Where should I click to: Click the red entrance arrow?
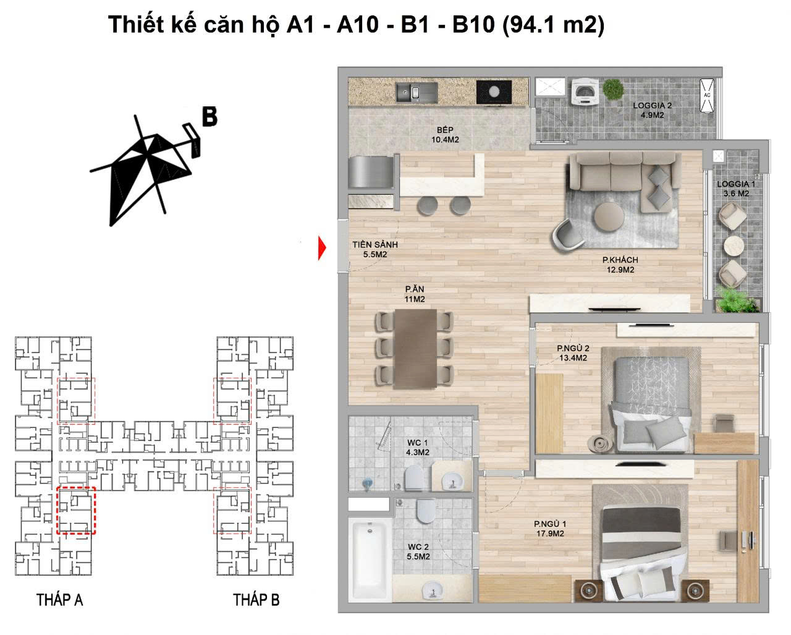(322, 248)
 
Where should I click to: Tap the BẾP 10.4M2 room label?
(445, 135)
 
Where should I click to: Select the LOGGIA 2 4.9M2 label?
(652, 110)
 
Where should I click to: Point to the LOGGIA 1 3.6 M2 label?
(736, 189)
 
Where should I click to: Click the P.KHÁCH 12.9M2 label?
(620, 265)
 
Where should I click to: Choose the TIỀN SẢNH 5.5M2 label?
(375, 249)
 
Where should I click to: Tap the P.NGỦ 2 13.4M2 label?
(573, 352)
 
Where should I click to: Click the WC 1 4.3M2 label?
(418, 447)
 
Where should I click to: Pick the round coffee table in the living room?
(609, 217)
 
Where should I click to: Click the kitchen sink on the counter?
(417, 92)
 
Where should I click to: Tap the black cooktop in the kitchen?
(494, 92)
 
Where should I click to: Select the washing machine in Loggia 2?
(585, 92)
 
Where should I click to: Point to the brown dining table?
(415, 348)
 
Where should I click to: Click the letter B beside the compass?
(210, 116)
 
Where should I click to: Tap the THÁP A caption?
(59, 600)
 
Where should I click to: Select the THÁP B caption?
(256, 600)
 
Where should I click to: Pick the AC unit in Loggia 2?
(707, 95)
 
